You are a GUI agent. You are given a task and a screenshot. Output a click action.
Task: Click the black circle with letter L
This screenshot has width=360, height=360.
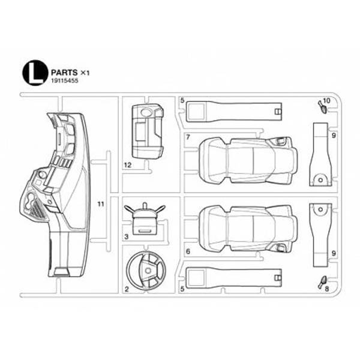pyautogui.click(x=35, y=73)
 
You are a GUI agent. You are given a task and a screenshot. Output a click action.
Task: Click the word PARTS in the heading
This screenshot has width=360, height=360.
pyautogui.click(x=64, y=73)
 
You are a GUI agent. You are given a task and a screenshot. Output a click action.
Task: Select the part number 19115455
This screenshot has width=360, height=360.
pyautogui.click(x=65, y=81)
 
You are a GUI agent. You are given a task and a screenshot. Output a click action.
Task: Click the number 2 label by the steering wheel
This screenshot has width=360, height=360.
pyautogui.click(x=127, y=290)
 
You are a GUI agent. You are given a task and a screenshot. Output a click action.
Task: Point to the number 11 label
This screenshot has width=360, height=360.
pyautogui.click(x=101, y=204)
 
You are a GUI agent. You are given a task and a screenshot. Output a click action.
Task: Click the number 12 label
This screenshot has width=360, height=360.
pyautogui.click(x=128, y=165)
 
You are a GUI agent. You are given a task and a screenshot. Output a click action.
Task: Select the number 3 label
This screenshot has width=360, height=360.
pyautogui.click(x=127, y=237)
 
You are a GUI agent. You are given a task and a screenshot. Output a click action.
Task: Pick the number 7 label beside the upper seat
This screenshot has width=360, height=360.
pyautogui.click(x=188, y=137)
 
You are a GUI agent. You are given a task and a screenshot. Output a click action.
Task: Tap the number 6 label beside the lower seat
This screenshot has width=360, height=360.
pyautogui.click(x=188, y=251)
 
